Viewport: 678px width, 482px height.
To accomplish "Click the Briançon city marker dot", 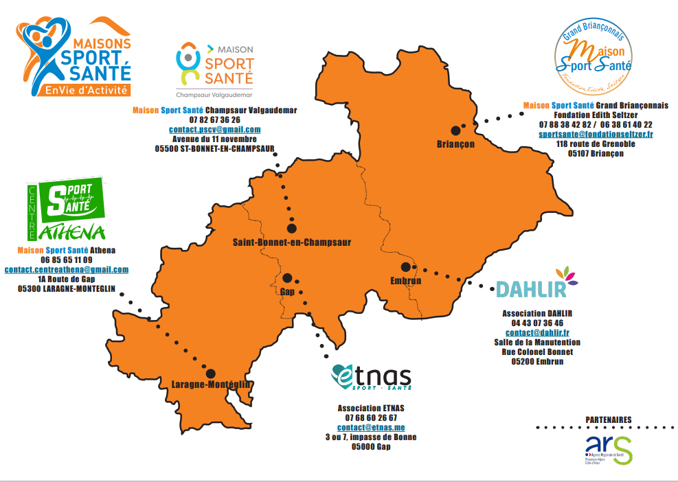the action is [455, 130].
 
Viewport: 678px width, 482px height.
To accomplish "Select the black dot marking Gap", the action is [287, 278].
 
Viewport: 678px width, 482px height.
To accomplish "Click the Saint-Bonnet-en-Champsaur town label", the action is [292, 242].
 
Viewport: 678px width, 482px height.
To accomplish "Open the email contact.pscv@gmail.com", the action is [215, 129].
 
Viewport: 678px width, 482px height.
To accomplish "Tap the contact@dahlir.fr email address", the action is [537, 332].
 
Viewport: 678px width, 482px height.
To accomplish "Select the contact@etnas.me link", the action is [370, 427].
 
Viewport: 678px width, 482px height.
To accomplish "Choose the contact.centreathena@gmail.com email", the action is [67, 270].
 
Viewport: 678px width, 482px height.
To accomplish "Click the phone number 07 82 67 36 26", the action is [215, 119].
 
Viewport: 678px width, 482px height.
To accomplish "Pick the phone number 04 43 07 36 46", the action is [537, 323].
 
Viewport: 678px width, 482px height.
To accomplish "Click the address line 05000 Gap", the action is [370, 446].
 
